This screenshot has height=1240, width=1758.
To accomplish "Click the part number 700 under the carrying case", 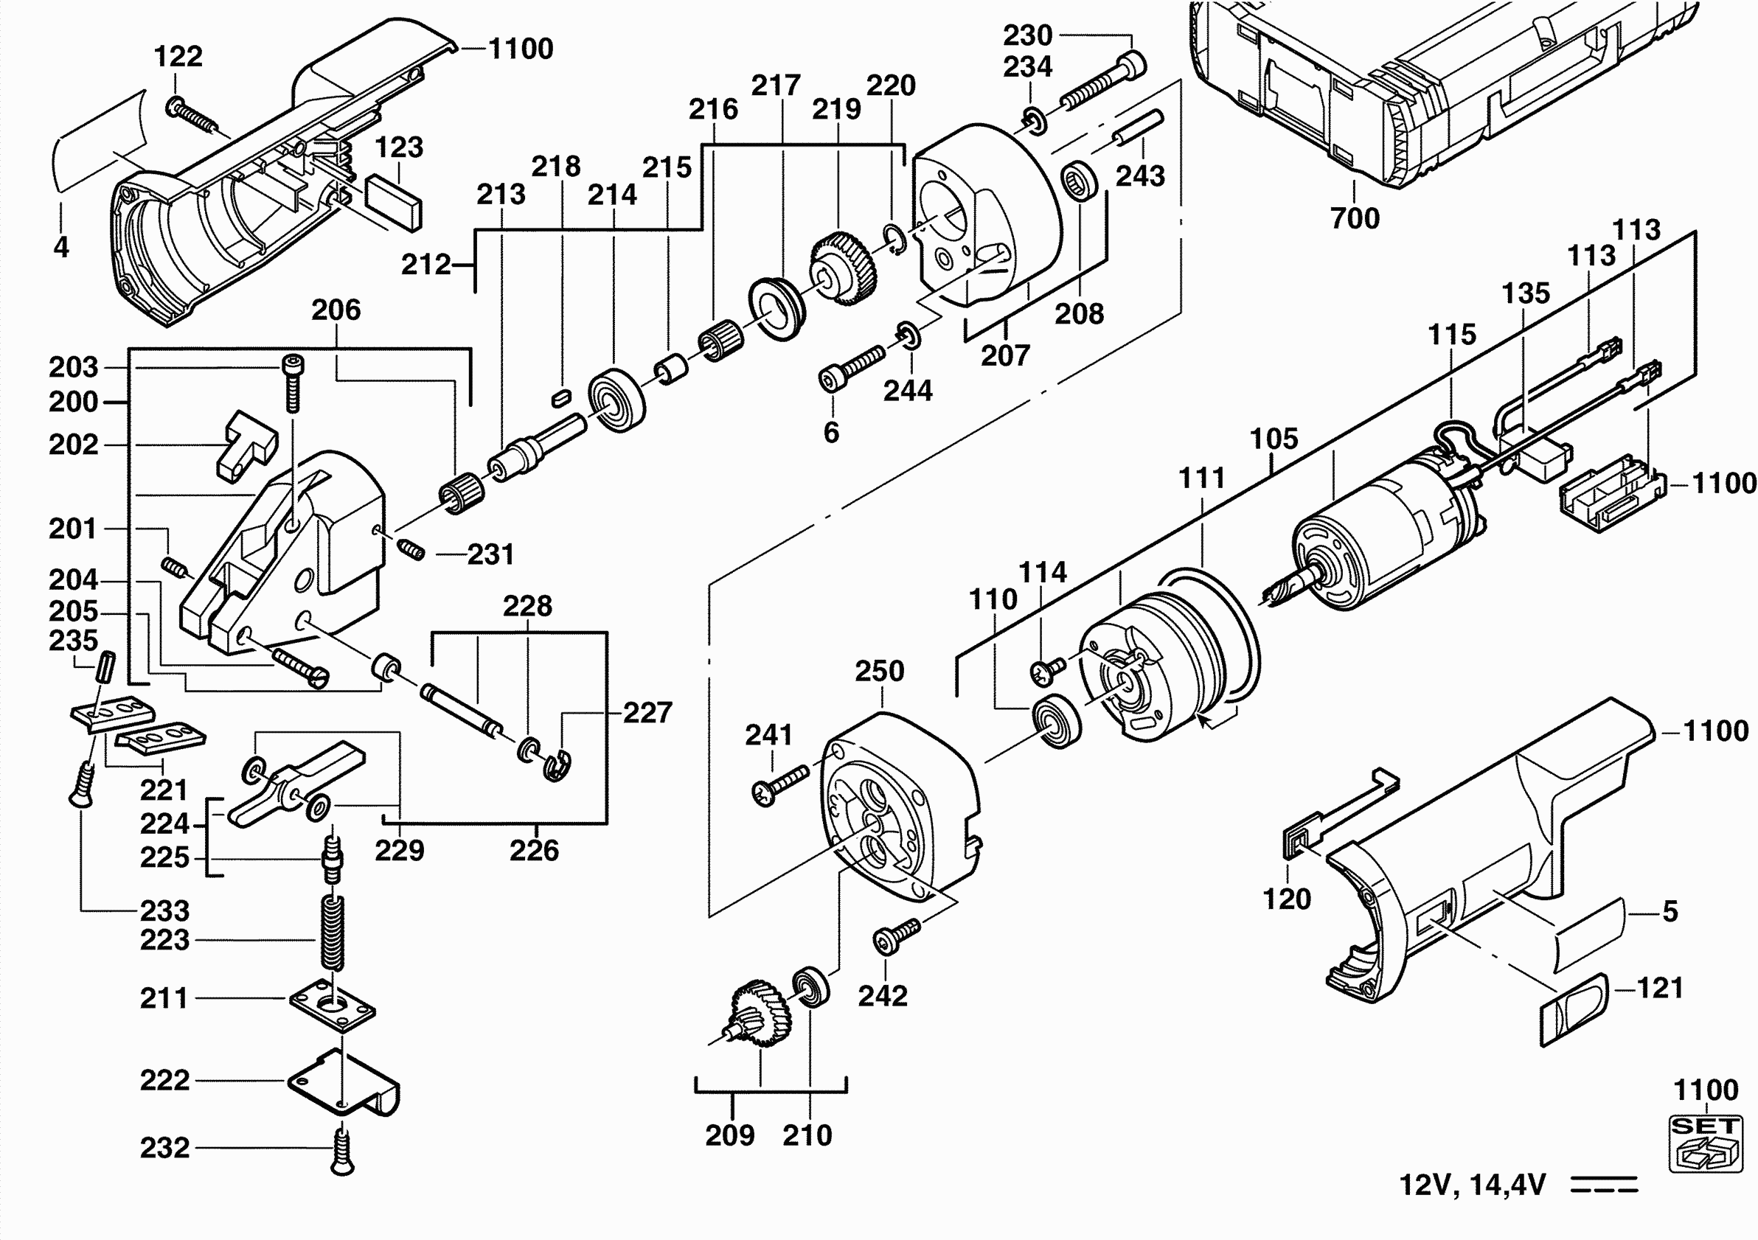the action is pos(1355,218).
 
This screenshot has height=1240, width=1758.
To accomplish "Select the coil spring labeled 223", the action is pos(332,933).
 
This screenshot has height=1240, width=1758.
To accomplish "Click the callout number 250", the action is pos(880,672).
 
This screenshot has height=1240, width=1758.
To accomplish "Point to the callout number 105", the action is pos(1274,439).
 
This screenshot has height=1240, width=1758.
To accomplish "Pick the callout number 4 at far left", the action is pos(61,246).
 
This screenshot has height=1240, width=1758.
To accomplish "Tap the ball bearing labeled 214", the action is pos(617,400).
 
